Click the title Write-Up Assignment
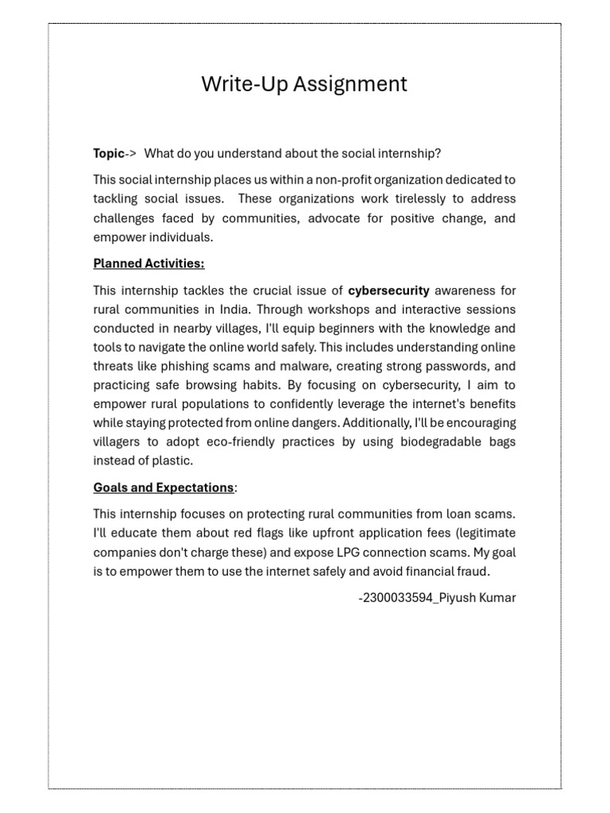[x=304, y=84]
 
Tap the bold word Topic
[x=109, y=153]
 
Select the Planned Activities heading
[x=149, y=264]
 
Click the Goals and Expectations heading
[x=164, y=487]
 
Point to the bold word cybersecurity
[x=388, y=291]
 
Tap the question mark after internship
[x=439, y=153]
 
